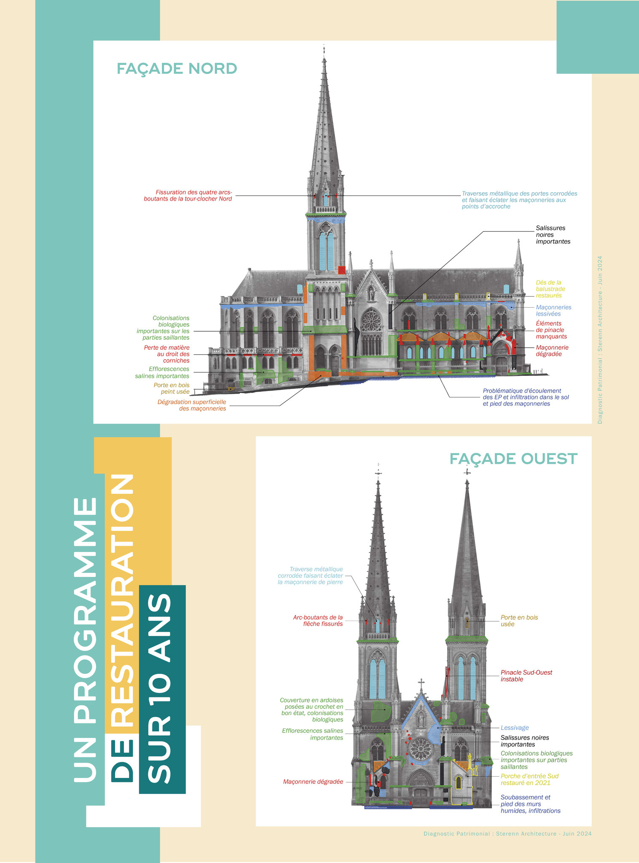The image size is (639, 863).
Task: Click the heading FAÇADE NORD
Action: pyautogui.click(x=177, y=68)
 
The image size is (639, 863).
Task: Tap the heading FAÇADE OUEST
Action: pyautogui.click(x=513, y=458)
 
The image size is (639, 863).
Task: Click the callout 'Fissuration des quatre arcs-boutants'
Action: pyautogui.click(x=188, y=196)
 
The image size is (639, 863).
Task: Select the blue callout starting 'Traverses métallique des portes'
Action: pyautogui.click(x=519, y=200)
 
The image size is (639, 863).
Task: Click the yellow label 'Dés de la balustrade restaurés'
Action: pyautogui.click(x=550, y=289)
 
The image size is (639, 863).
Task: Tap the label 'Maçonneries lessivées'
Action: pyautogui.click(x=553, y=311)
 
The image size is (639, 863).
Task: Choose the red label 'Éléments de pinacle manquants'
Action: pyautogui.click(x=551, y=330)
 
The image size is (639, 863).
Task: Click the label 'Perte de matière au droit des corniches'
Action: pyautogui.click(x=167, y=354)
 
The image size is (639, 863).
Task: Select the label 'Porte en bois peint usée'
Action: pyautogui.click(x=172, y=389)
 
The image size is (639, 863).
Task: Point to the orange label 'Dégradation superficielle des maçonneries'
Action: pyautogui.click(x=192, y=405)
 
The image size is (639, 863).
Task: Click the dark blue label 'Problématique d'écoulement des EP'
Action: pyautogui.click(x=526, y=397)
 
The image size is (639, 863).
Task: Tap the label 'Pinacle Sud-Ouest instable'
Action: pyautogui.click(x=526, y=676)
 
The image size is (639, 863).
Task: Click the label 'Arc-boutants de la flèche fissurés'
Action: pyautogui.click(x=318, y=621)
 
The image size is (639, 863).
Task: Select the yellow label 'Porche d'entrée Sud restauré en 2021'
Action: pyautogui.click(x=529, y=780)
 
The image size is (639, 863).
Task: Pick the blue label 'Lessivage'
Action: pyautogui.click(x=514, y=728)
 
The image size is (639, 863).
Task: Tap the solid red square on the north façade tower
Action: pyautogui.click(x=342, y=270)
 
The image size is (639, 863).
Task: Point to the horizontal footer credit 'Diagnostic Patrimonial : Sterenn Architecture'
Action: pyautogui.click(x=507, y=834)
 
